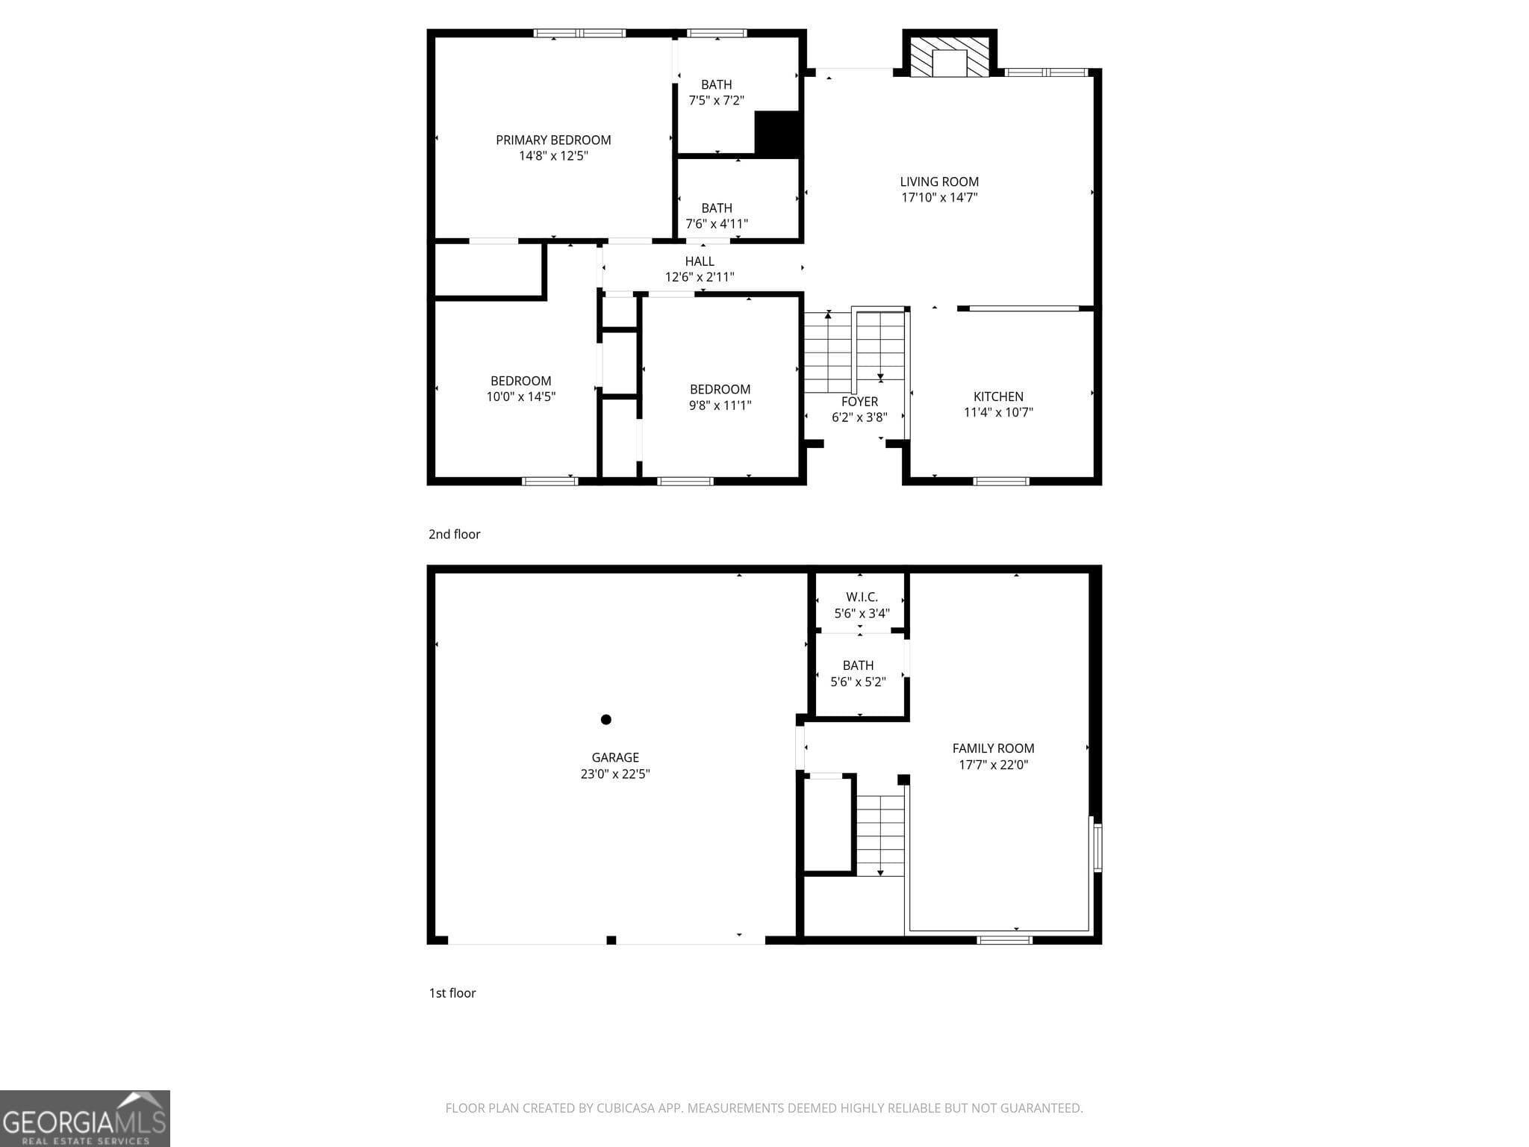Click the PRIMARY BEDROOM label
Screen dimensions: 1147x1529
[x=553, y=140]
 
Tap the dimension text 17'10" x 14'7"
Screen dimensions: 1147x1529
[x=939, y=198]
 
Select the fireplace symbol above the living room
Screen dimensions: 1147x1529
[x=950, y=57]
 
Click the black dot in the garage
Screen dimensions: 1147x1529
[x=606, y=719]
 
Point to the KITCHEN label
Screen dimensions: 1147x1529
[x=998, y=397]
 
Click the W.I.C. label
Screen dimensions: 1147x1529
[x=862, y=597]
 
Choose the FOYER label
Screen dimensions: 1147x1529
[x=859, y=402]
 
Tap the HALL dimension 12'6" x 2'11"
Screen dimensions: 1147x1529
[x=700, y=277]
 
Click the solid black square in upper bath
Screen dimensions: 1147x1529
[x=777, y=134]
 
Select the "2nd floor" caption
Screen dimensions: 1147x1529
[x=454, y=534]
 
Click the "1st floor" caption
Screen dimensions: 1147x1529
[x=452, y=992]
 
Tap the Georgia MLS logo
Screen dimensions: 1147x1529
[x=84, y=1118]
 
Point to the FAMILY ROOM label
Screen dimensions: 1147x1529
[x=993, y=748]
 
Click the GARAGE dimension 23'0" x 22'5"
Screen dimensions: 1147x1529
[x=615, y=774]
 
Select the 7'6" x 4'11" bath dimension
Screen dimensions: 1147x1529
[x=717, y=224]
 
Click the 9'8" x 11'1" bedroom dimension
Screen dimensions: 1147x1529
[x=720, y=405]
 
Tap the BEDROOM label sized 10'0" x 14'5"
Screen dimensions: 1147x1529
[x=520, y=381]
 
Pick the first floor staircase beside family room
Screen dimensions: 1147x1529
[x=880, y=835]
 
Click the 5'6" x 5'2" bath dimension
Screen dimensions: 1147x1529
[x=858, y=682]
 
